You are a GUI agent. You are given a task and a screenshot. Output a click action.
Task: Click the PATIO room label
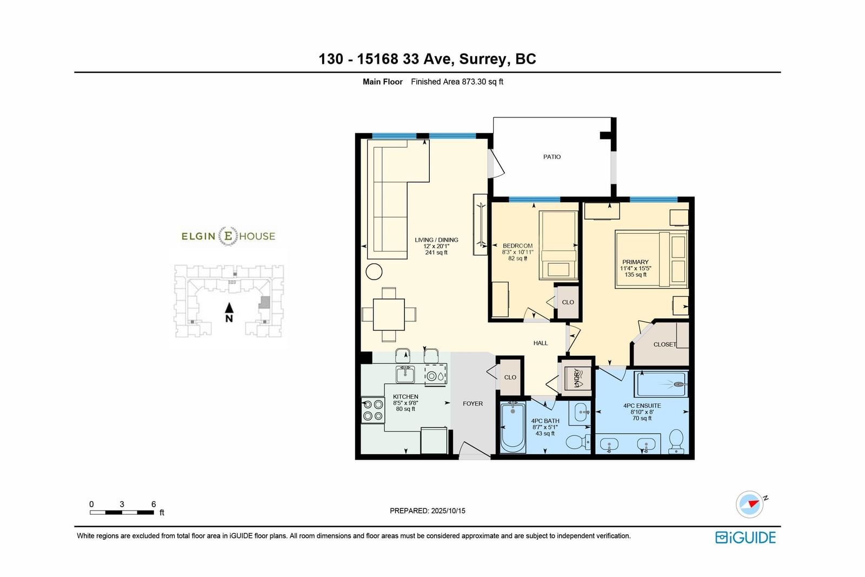pyautogui.click(x=552, y=157)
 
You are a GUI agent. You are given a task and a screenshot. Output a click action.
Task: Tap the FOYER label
pyautogui.click(x=473, y=403)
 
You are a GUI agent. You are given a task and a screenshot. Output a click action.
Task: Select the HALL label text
pyautogui.click(x=540, y=343)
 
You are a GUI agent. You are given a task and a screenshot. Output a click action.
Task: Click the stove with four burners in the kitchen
pyautogui.click(x=373, y=410)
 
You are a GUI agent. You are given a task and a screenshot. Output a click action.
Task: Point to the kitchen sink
pyautogui.click(x=405, y=374)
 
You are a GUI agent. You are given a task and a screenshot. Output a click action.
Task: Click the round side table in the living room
pyautogui.click(x=374, y=271)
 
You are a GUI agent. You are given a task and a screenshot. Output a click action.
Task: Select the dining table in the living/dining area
pyautogui.click(x=389, y=314)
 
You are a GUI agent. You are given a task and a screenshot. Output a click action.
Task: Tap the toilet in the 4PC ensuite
pyautogui.click(x=676, y=441)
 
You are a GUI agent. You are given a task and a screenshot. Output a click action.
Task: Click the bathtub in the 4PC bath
pyautogui.click(x=513, y=427)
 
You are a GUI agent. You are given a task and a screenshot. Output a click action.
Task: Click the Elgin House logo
pyautogui.click(x=228, y=236)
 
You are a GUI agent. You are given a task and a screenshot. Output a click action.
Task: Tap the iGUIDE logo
pyautogui.click(x=746, y=538)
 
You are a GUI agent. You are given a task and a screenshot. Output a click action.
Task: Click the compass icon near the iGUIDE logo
pyautogui.click(x=750, y=504)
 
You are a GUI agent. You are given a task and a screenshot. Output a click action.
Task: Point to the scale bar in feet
pyautogui.click(x=122, y=513)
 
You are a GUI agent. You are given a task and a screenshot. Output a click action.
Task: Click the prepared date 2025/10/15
pyautogui.click(x=448, y=510)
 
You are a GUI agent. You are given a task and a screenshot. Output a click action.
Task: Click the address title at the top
pyautogui.click(x=427, y=59)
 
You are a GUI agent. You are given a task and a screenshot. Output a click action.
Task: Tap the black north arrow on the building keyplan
pyautogui.click(x=229, y=307)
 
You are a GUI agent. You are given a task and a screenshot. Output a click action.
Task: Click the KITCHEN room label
pyautogui.click(x=405, y=396)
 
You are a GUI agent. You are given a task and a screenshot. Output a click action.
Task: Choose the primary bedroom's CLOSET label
pyautogui.click(x=665, y=344)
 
